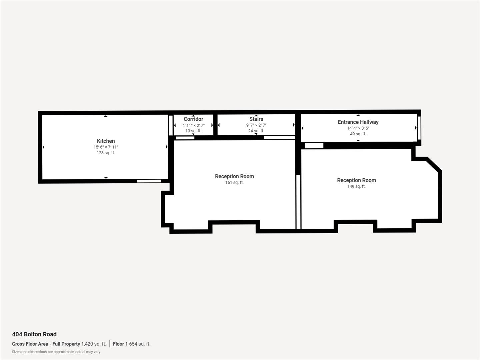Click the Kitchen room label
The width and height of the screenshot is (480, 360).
(106, 141)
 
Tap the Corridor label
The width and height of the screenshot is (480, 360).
(193, 119)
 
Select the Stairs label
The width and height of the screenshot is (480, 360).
(256, 119)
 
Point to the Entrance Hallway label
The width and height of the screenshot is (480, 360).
(358, 122)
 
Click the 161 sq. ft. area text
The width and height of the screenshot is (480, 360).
(234, 182)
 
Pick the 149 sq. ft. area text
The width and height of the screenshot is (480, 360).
(356, 186)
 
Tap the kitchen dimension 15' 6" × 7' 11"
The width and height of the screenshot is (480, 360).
(106, 147)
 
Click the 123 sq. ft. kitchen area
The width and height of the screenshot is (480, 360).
(106, 153)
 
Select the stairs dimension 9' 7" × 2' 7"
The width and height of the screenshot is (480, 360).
(256, 125)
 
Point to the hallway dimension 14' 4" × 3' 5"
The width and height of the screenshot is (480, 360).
(358, 128)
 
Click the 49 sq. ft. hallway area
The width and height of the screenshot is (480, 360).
(358, 134)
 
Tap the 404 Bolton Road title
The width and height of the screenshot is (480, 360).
(34, 334)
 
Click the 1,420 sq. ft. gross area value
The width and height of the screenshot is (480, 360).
(94, 344)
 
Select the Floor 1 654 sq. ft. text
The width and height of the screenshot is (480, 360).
(132, 344)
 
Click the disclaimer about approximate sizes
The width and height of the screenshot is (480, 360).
(56, 352)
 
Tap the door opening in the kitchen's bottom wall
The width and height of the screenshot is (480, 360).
(149, 181)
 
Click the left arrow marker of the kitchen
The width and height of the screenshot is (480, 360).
(43, 147)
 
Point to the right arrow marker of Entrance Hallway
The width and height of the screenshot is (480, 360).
(416, 128)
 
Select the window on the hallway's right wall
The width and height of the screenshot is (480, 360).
(419, 128)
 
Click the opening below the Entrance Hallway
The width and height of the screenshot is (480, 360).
(314, 146)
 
